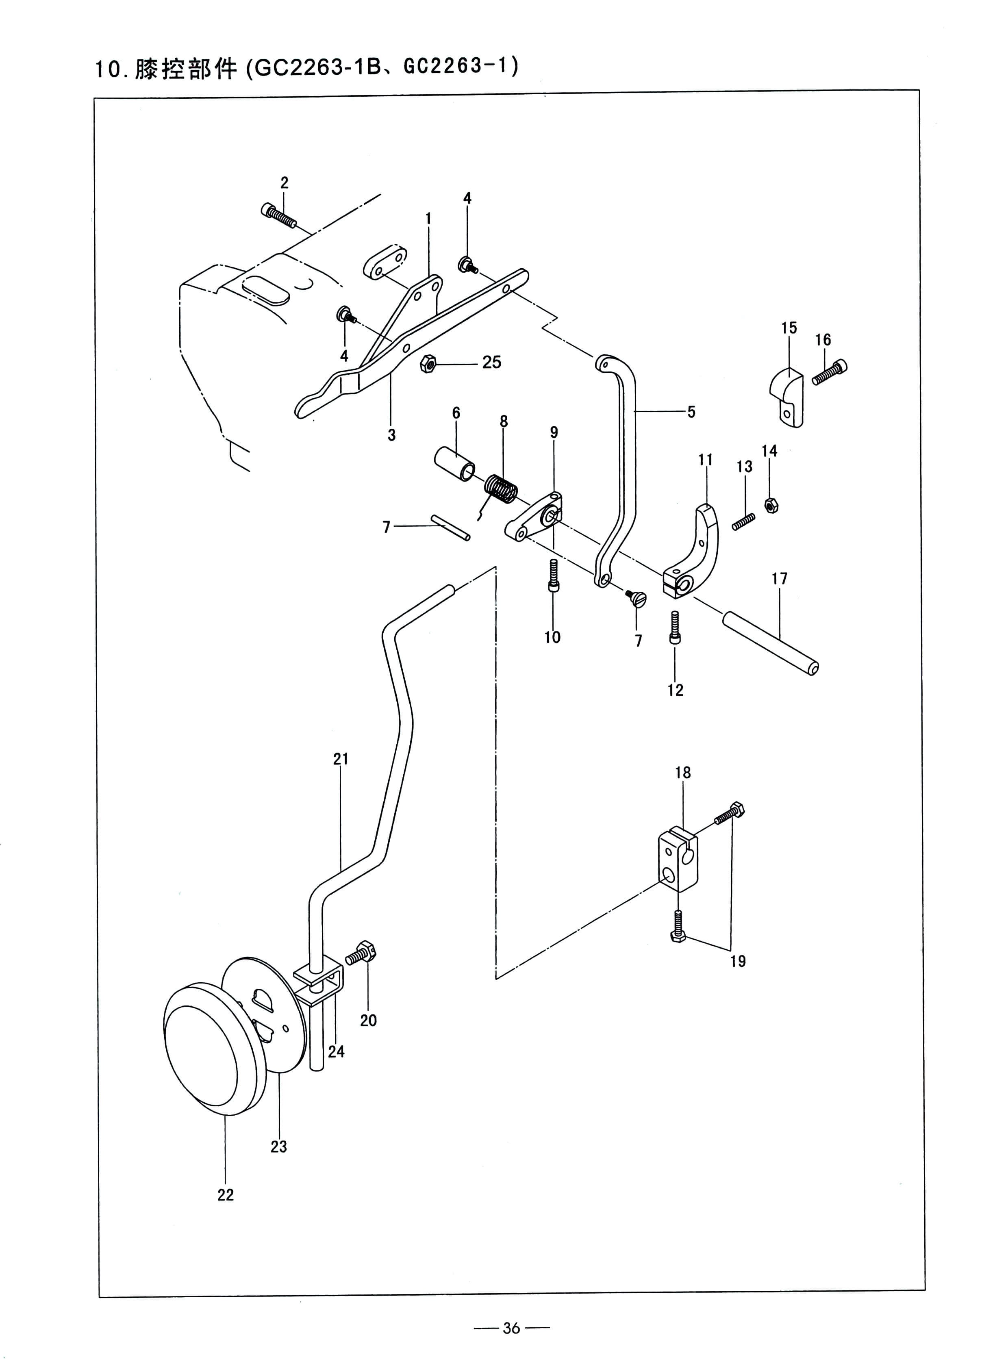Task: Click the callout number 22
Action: [x=226, y=1195]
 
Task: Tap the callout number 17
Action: [x=779, y=578]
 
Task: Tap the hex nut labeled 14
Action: [x=771, y=505]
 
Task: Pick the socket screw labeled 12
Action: [x=674, y=627]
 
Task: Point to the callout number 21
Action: [x=341, y=759]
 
